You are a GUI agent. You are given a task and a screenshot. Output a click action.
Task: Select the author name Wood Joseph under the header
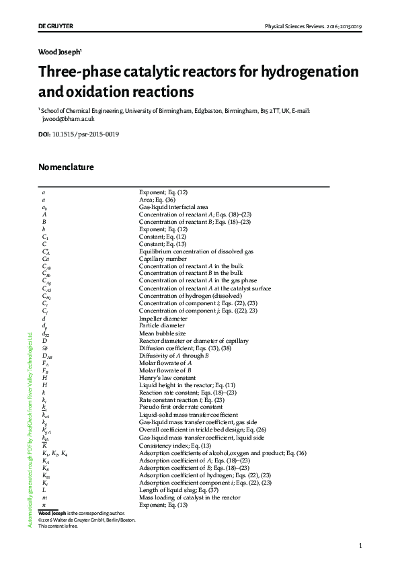pyautogui.click(x=59, y=51)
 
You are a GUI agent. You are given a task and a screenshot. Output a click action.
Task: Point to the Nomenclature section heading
pyautogui.click(x=66, y=167)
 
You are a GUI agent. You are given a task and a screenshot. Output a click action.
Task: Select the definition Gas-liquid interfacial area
pyautogui.click(x=173, y=207)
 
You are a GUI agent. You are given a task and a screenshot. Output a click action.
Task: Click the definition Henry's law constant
pyautogui.click(x=168, y=377)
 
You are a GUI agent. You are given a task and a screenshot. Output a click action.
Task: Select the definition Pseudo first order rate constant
pyautogui.click(x=181, y=407)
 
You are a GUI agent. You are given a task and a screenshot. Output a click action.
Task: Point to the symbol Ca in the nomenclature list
pyautogui.click(x=45, y=259)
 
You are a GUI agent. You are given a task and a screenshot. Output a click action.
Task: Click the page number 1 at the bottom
pyautogui.click(x=360, y=546)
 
